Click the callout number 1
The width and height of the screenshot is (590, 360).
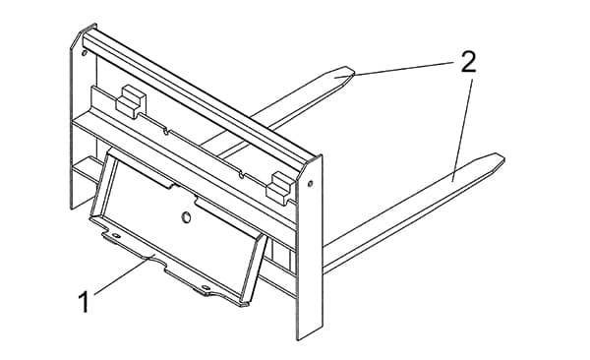[84, 302]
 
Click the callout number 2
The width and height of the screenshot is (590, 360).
[468, 62]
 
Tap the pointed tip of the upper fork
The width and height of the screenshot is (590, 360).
[354, 73]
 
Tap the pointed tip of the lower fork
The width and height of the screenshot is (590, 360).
[503, 159]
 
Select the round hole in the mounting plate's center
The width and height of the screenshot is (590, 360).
[186, 217]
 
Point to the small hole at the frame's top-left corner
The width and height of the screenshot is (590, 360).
[84, 52]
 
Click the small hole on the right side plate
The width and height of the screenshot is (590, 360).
[310, 184]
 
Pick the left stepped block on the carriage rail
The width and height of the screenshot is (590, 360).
[131, 101]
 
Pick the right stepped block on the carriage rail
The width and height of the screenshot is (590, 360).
[280, 188]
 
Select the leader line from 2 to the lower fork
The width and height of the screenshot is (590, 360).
[463, 128]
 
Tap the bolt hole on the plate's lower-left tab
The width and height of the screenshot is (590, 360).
[116, 236]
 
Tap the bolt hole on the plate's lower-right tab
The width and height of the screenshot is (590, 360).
[206, 287]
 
